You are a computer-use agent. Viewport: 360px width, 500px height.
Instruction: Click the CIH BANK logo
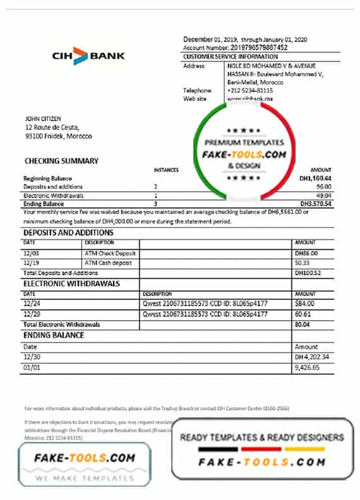point(88,55)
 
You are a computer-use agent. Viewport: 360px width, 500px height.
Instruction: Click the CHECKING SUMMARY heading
point(61,161)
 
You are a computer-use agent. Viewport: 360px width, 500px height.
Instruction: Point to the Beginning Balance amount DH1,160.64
point(314,179)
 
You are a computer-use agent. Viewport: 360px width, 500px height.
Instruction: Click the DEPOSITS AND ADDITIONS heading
point(69,233)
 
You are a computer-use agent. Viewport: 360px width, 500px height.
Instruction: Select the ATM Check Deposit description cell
point(110,253)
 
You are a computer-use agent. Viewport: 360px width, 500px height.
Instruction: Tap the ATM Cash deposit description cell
point(109,263)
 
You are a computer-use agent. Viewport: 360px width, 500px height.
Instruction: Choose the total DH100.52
point(308,273)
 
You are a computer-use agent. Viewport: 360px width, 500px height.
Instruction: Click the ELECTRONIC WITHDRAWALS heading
point(71,283)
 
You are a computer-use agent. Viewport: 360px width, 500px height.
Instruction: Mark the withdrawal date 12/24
point(31,304)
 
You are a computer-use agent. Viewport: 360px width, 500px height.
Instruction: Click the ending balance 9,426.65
point(308,367)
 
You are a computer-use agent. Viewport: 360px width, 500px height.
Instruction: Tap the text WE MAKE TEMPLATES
point(84,478)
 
